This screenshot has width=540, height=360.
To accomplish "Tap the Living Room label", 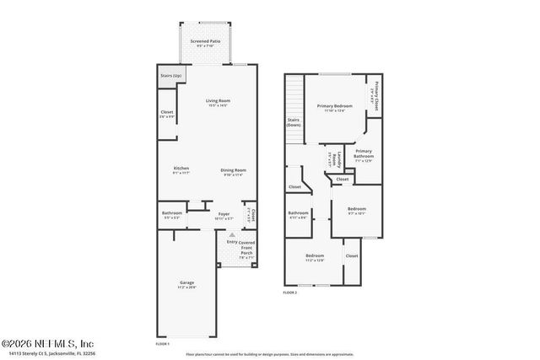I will point(217,102).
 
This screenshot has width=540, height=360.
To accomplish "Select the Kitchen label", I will point(181,169).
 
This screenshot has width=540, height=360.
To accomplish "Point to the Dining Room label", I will point(234,169).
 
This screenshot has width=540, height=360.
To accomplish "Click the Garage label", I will point(186,282).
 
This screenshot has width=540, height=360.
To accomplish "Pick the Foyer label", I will point(224,213).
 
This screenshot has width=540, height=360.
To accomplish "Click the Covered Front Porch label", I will point(246,250).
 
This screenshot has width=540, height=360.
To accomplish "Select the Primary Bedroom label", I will point(334,106).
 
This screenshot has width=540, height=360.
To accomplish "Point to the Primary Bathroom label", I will point(364,153).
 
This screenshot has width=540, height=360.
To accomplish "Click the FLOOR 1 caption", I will point(163,343).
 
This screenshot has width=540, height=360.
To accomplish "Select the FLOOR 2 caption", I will point(290,292).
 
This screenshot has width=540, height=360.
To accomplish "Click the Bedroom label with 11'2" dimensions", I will point(315,256).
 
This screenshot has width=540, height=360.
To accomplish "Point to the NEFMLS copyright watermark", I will point(48,343).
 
